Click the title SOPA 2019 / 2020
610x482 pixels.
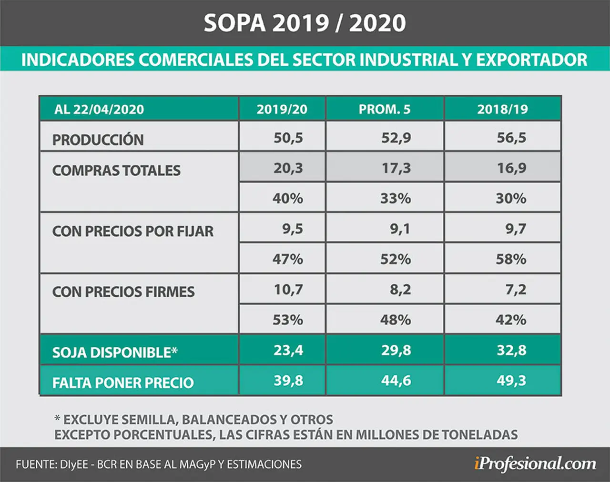[x=305, y=23]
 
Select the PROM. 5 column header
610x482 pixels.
[x=385, y=110]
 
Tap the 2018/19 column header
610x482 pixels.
[x=502, y=110]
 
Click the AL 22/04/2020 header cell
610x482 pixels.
[x=99, y=110]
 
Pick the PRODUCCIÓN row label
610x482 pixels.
[x=98, y=139]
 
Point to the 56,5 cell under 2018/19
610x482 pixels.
[x=511, y=138]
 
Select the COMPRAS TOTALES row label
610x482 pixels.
[x=116, y=171]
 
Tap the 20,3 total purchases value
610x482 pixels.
[x=288, y=168]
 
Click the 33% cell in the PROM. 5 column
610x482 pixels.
[x=396, y=198]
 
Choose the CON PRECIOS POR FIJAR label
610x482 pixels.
[x=132, y=231]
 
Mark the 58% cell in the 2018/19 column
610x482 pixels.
[x=511, y=259]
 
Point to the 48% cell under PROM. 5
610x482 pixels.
[x=396, y=320]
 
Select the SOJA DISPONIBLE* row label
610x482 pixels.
[x=115, y=352]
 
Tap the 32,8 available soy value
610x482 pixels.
[x=511, y=350]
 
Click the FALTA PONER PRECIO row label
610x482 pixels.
[x=123, y=383]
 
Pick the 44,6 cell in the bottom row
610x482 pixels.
[x=396, y=381]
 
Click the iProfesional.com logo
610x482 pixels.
[x=535, y=465]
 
